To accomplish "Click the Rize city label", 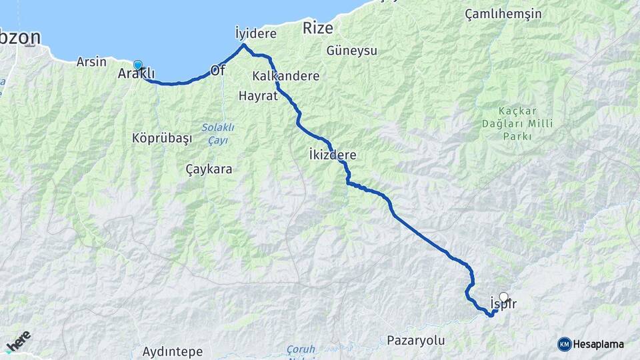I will [317, 28].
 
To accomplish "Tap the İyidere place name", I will [255, 32].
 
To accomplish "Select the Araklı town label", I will [136, 74].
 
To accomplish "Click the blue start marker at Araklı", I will [138, 65].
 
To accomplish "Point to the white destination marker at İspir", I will [504, 297].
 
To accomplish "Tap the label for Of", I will [217, 70].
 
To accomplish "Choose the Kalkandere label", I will [286, 76].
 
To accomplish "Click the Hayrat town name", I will [257, 96].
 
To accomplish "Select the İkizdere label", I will [333, 155].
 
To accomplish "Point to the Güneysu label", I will [352, 51].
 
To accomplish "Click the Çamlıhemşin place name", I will [503, 14].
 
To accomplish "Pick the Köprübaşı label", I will [162, 139].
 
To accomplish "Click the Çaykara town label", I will [209, 169].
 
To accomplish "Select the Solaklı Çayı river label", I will [215, 133].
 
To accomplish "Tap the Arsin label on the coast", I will [92, 62].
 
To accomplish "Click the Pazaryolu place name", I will [415, 341].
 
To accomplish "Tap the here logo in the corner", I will [17, 341].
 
